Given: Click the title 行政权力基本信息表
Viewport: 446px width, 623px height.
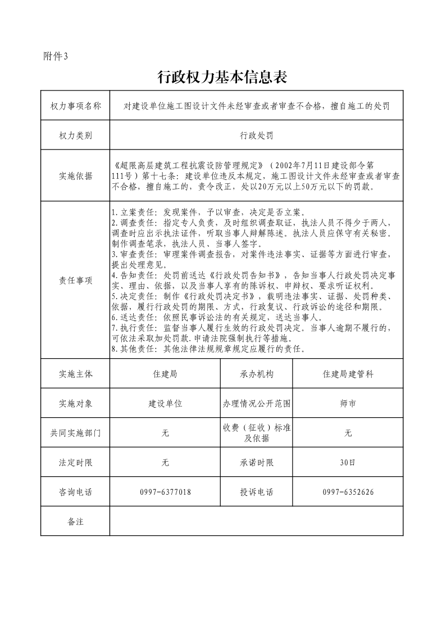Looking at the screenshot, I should tap(222, 77).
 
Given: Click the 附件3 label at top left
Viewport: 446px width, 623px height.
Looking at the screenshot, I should tap(55, 56).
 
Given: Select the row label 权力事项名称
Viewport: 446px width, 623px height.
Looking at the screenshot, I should tap(75, 106).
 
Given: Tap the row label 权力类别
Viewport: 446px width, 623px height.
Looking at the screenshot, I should tap(75, 136).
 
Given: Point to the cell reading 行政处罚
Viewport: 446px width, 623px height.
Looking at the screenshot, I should tap(256, 136).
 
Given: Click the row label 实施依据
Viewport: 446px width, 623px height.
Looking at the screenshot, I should tap(75, 176).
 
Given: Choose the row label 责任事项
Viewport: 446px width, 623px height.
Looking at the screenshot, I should tap(75, 281).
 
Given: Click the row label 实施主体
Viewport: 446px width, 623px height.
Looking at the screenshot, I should tap(75, 374).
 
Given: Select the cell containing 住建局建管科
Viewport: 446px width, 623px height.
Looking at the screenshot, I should tap(348, 374).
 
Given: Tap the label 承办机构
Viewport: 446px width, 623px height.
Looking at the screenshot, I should tap(256, 374).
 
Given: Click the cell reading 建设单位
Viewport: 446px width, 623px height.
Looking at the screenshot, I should tap(165, 404).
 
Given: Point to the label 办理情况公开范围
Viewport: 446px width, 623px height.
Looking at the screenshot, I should tap(256, 404).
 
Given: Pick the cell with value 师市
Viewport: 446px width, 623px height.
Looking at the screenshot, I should tap(348, 404).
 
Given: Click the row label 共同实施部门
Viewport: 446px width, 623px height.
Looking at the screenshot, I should tap(75, 433).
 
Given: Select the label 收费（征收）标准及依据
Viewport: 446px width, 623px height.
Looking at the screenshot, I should tap(256, 433).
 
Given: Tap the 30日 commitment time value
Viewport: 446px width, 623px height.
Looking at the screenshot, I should tap(348, 463).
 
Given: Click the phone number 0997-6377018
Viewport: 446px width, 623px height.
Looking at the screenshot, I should tap(165, 492).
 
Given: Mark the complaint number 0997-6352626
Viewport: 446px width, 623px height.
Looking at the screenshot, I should tap(348, 492).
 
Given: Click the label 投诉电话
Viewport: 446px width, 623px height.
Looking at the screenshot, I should tap(256, 492).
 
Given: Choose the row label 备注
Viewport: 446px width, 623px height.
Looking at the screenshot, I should tap(75, 522).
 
